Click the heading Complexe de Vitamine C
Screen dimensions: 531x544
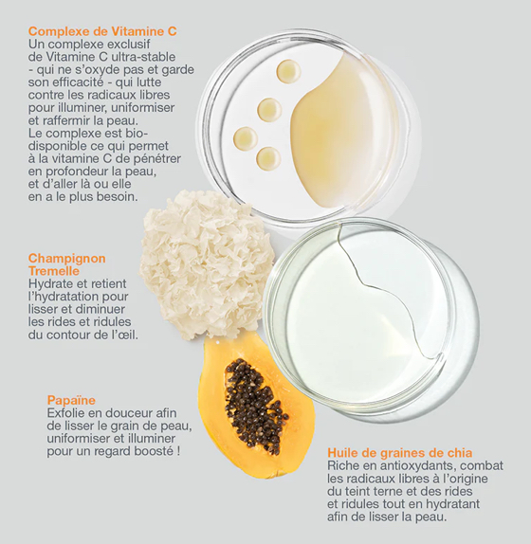(102, 31)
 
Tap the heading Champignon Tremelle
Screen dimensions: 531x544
(67, 264)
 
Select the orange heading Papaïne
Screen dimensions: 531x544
(71, 400)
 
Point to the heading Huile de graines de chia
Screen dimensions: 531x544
(400, 453)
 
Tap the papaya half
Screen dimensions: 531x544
(255, 406)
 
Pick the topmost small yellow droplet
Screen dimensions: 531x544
(288, 71)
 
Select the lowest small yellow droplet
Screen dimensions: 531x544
(268, 158)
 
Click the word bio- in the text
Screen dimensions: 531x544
(137, 134)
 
